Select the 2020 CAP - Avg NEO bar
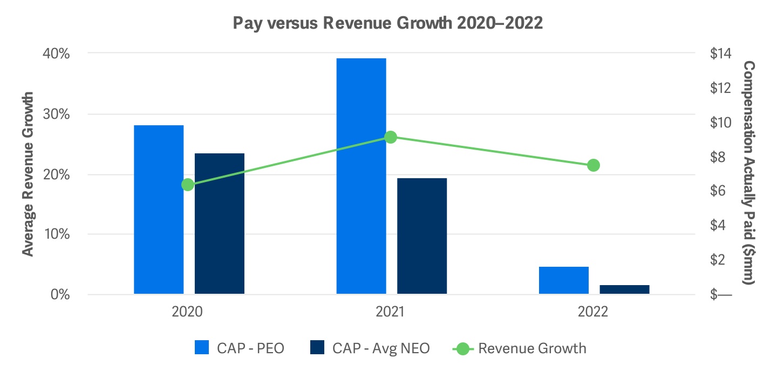220,224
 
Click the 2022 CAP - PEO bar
564,280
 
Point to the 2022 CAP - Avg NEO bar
625,289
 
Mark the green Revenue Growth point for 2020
188,185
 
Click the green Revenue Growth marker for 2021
391,137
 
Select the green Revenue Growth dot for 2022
594,165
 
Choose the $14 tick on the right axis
720,54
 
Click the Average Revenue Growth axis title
29,174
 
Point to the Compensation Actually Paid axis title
749,173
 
